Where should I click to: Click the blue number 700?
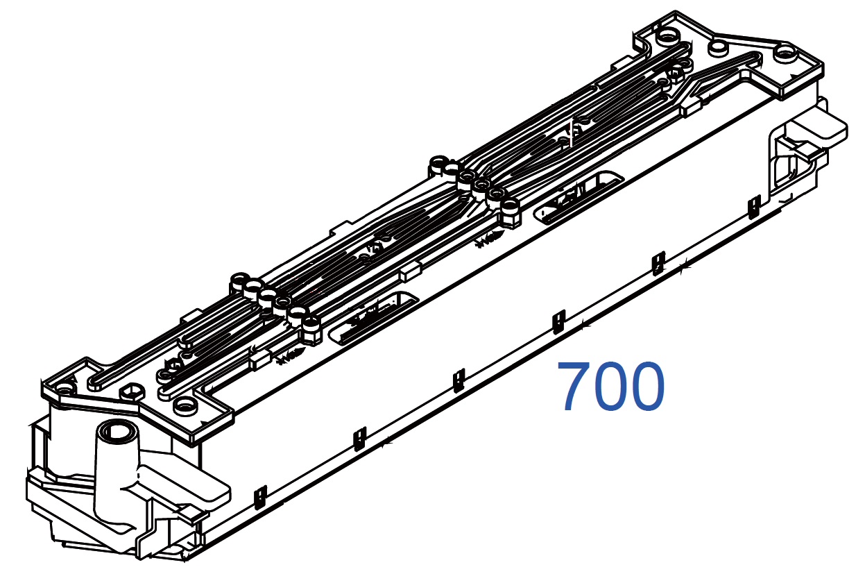point(611,386)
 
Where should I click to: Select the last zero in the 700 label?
point(646,386)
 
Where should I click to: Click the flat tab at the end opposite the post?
point(823,128)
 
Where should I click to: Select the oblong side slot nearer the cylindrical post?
point(373,317)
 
